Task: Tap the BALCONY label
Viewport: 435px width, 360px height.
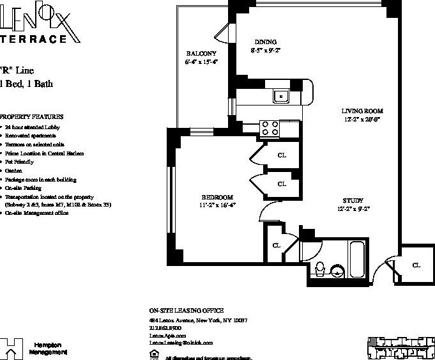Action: point(201,53)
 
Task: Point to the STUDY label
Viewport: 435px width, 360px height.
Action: point(353,200)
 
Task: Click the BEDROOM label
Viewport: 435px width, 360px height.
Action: point(217,197)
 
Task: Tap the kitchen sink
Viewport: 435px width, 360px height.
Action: point(280,96)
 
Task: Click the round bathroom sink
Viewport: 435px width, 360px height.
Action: point(339,270)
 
